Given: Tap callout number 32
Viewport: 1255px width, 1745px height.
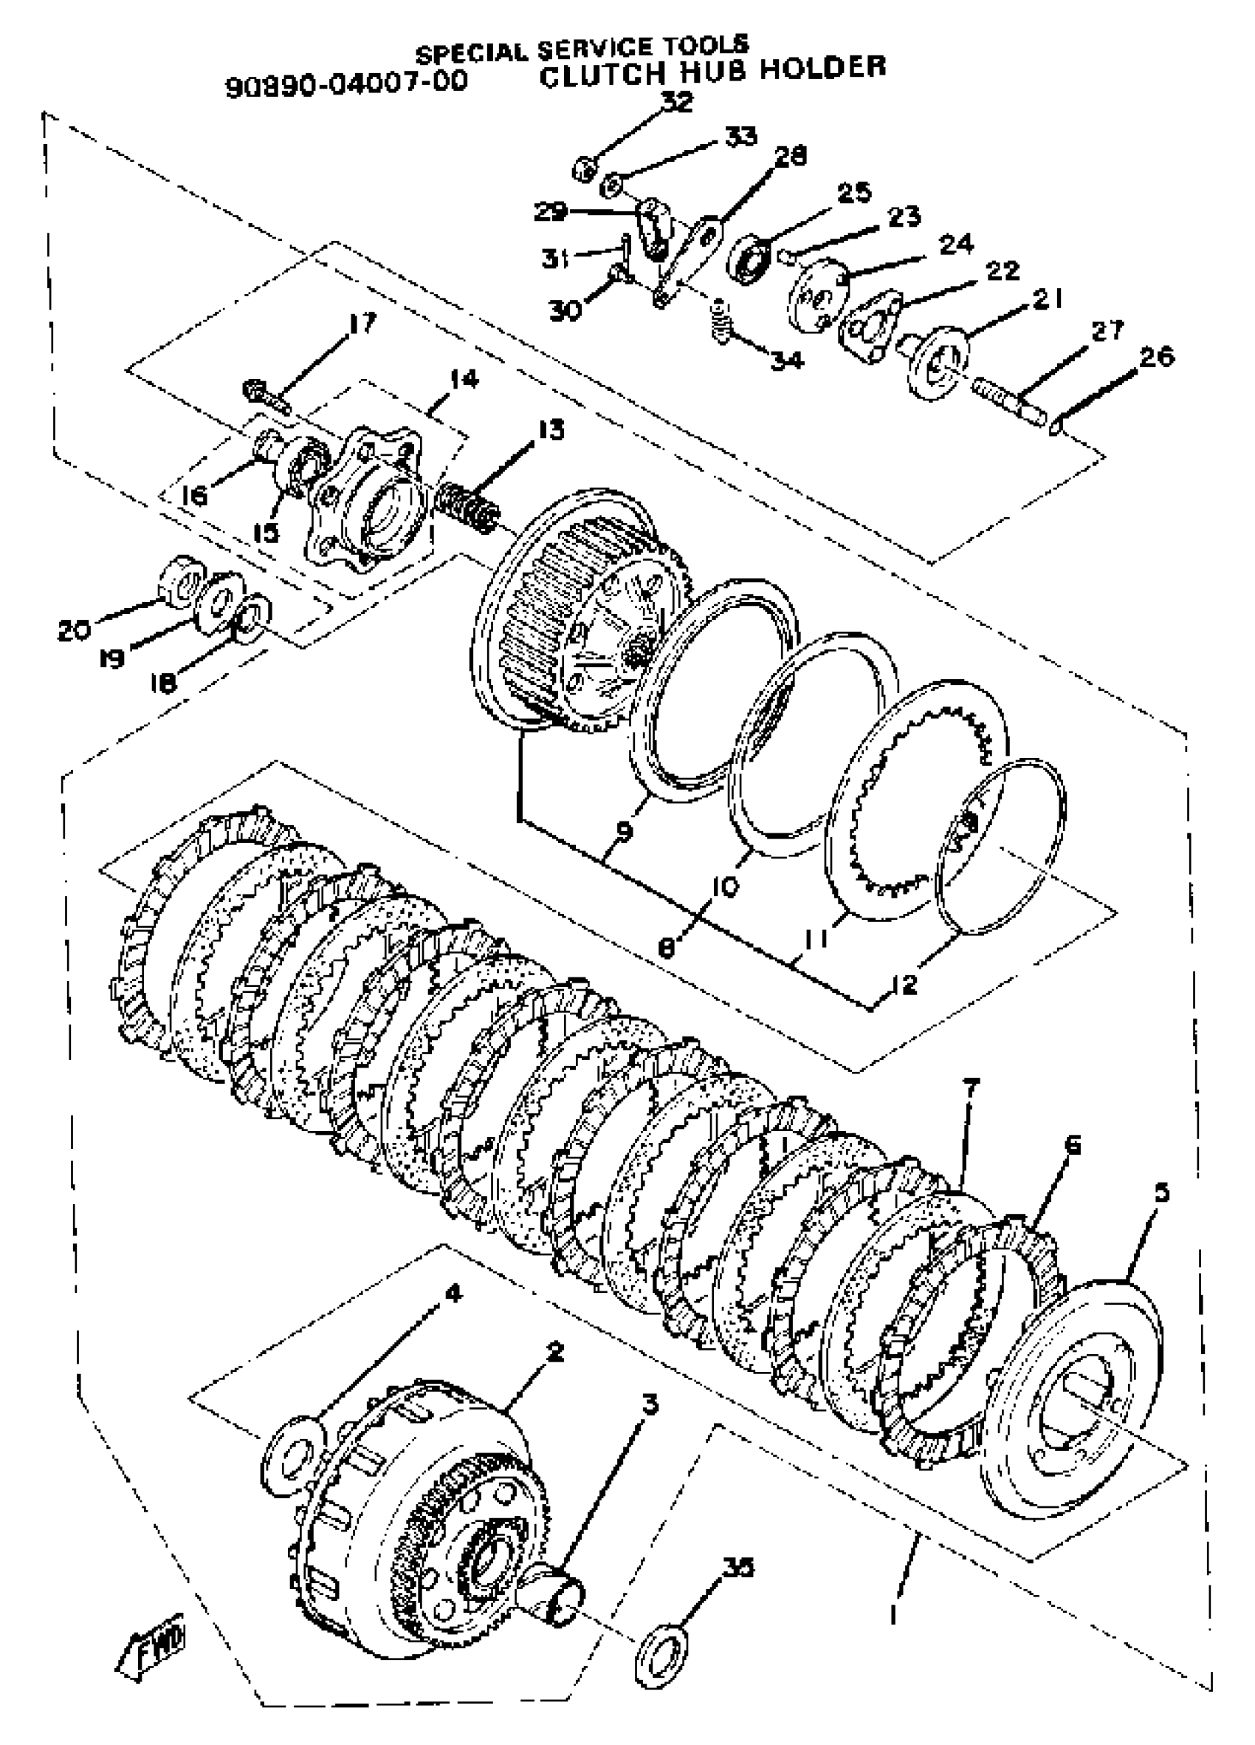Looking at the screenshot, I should click(677, 101).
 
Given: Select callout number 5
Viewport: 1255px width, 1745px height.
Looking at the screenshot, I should click(1161, 1192).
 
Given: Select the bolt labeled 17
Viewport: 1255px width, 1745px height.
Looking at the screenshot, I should click(265, 394).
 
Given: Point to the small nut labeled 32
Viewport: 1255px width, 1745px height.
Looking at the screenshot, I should click(584, 167).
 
